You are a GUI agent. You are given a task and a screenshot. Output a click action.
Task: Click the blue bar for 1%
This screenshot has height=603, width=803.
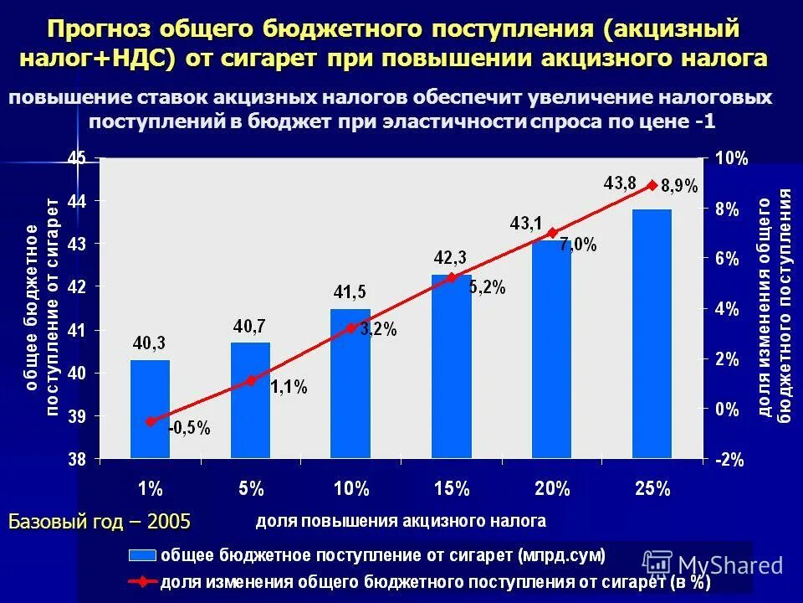(x=151, y=409)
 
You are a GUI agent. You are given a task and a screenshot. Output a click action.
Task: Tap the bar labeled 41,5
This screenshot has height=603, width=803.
(x=350, y=383)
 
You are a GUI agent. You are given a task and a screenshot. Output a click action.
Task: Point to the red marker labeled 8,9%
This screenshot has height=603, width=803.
(x=652, y=185)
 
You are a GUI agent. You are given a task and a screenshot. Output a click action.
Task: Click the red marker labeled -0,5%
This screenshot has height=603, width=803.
(x=151, y=421)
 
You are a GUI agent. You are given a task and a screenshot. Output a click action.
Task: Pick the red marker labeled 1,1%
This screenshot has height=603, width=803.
(x=251, y=380)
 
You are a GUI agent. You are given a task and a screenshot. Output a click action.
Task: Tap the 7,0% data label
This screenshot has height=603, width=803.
(x=578, y=245)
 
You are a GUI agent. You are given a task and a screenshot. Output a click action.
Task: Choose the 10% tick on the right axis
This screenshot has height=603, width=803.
(x=731, y=158)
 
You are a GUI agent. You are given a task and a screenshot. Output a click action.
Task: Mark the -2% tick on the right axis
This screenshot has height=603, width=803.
(x=731, y=460)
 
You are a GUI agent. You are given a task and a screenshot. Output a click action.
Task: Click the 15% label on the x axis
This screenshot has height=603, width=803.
(x=451, y=489)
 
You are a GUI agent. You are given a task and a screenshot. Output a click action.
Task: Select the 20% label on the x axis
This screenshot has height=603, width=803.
(x=551, y=489)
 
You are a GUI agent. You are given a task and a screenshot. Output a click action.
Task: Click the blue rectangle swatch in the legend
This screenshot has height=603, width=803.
(x=142, y=555)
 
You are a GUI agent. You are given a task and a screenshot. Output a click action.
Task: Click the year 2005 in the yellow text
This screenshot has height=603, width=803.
(x=169, y=521)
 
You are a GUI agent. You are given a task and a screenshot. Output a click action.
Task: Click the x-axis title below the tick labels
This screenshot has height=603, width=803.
(x=401, y=521)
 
